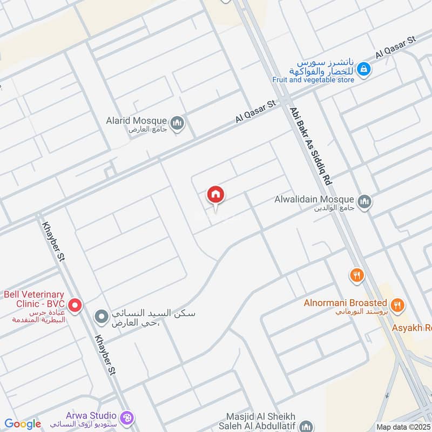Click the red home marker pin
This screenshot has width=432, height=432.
pos(216,195)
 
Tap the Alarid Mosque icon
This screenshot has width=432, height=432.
pos(177,124)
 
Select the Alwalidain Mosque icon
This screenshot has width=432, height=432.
pos(365,201)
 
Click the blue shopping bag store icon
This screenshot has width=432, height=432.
pos(364,69)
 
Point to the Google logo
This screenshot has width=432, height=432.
pos(23,424)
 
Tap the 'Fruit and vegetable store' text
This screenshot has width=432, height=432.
pos(313,80)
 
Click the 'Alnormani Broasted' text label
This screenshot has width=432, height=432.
pos(346,303)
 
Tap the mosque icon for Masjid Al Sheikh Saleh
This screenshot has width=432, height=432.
pos(306,426)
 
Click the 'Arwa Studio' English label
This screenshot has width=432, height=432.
pos(91,415)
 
